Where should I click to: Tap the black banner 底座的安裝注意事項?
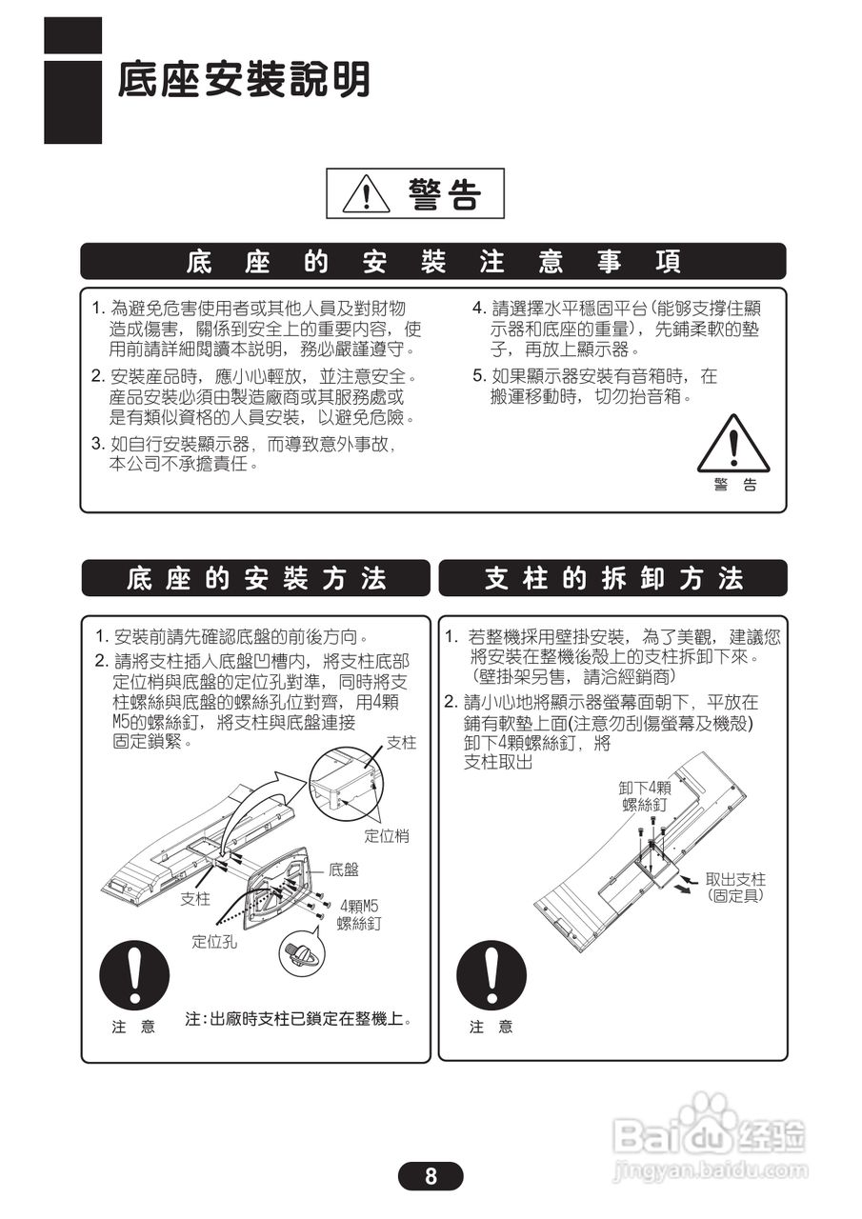pos(432,262)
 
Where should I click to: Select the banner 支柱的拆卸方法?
pos(613,578)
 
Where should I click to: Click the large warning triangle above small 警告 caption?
pos(732,444)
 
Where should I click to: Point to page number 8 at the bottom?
pos(431,1176)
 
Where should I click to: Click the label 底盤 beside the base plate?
pos(344,869)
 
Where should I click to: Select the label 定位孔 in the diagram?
pos(214,942)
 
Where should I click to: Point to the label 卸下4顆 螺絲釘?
pos(645,796)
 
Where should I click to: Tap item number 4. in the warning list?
pos(480,309)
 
